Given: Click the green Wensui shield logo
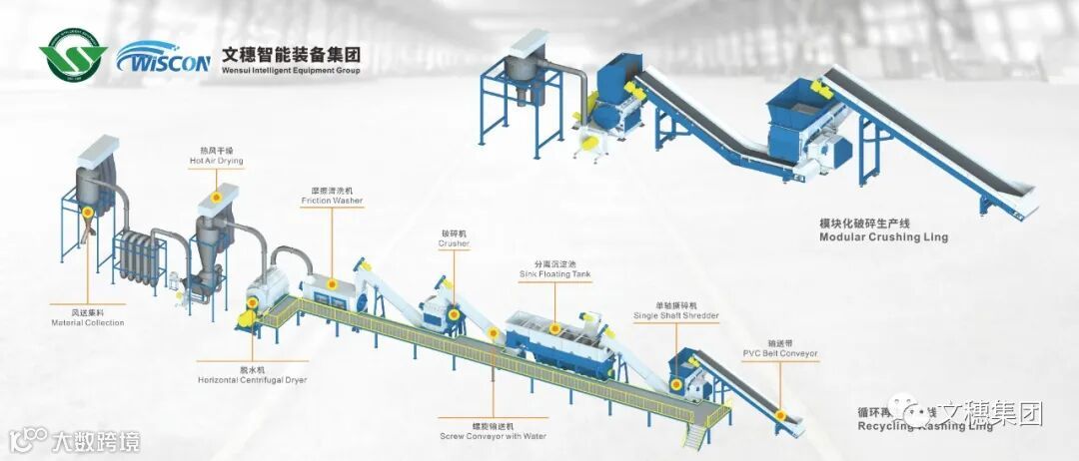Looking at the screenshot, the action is click(x=73, y=58).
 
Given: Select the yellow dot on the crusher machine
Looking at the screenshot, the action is click(x=455, y=315).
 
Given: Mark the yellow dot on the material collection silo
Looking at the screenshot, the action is click(x=88, y=212).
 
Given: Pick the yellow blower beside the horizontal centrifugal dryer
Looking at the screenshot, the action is click(x=243, y=318).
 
